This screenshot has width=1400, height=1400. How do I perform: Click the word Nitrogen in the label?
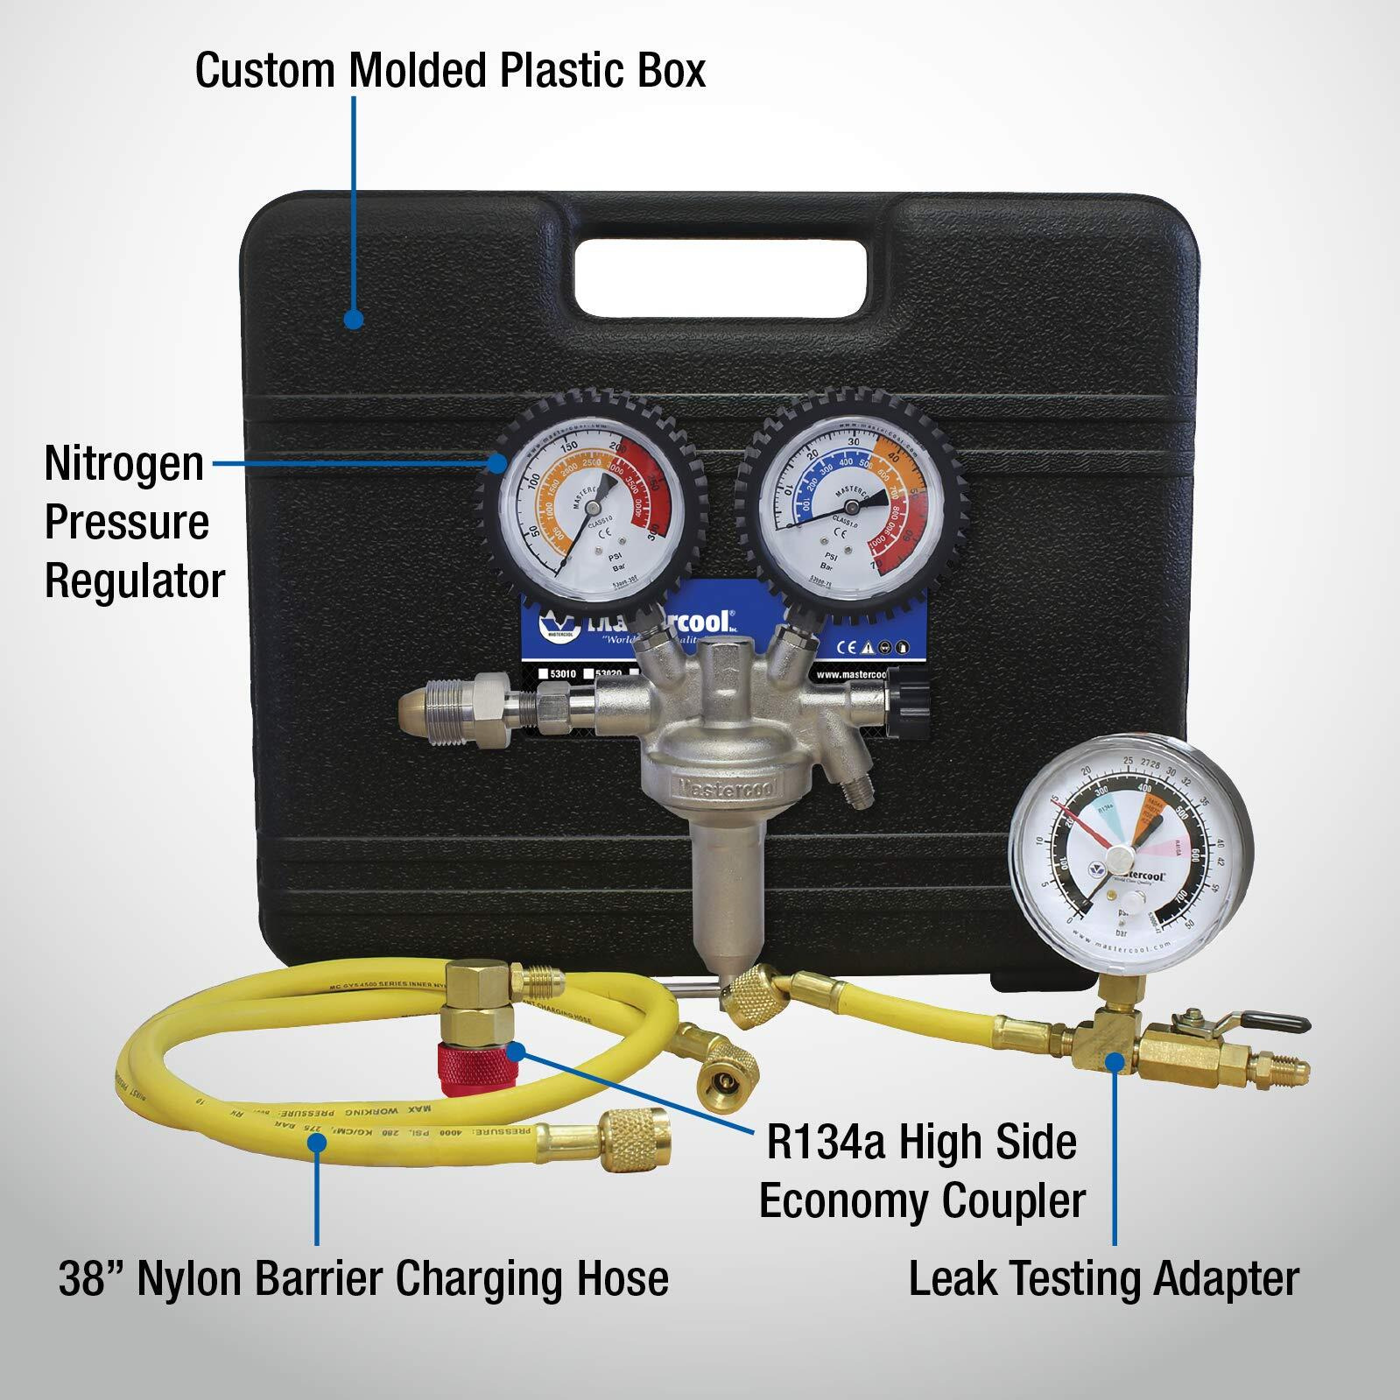point(123,463)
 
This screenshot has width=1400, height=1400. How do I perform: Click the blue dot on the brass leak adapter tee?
point(1114,1062)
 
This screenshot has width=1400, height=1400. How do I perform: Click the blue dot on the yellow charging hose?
point(317,1138)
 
